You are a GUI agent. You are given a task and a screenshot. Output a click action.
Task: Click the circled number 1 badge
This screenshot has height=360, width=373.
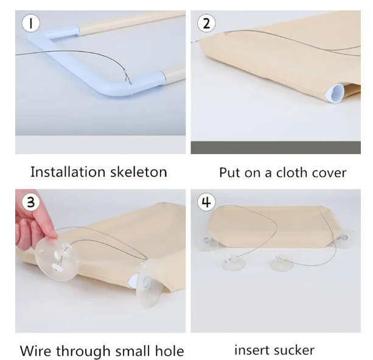click(30, 23)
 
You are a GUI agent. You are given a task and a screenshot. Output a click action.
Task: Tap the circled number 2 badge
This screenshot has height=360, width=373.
click(206, 23)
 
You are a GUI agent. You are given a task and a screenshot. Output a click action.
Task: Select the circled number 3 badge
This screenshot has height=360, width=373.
click(30, 202)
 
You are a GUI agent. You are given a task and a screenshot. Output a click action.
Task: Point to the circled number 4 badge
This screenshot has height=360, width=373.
click(206, 202)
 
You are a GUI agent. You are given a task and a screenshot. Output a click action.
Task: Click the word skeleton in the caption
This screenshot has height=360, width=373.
click(139, 172)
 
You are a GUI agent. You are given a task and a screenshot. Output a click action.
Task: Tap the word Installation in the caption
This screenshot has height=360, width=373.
click(68, 172)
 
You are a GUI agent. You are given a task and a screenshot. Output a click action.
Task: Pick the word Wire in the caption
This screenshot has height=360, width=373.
click(35, 351)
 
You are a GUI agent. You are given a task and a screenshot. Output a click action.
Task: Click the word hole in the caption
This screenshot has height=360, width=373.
click(170, 351)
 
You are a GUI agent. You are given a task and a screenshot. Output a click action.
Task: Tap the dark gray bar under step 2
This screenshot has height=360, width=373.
click(276, 147)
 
